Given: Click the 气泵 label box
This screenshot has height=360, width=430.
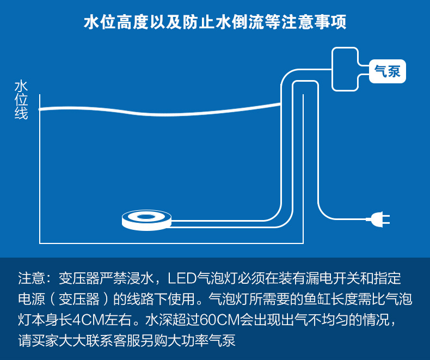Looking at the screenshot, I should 388,71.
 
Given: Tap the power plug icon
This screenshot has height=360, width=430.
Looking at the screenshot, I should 380,219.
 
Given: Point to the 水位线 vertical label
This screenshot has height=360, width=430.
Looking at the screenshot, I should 21,100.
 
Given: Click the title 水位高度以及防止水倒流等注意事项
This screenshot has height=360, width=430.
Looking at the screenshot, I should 215,23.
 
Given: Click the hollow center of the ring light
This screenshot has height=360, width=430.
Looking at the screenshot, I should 146,217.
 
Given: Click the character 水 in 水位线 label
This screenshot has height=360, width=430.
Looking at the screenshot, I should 21,87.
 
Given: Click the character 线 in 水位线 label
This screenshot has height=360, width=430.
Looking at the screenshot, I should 21,114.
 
